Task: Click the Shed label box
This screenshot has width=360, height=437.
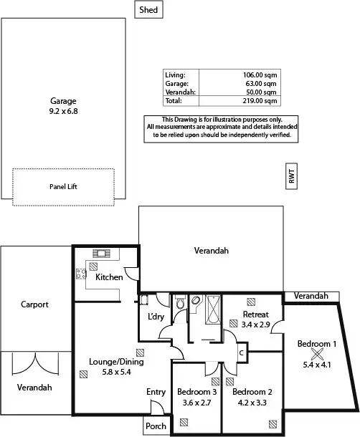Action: (x=149, y=10)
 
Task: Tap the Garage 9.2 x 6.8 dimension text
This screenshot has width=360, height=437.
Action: (x=63, y=112)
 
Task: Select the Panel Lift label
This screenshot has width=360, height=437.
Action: (x=63, y=186)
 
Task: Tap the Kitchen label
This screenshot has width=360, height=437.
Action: (x=109, y=277)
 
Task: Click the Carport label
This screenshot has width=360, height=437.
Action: (x=34, y=304)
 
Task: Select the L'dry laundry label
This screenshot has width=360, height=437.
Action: (x=156, y=317)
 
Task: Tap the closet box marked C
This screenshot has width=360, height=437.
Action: (x=241, y=352)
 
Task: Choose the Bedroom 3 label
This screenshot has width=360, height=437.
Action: (x=196, y=392)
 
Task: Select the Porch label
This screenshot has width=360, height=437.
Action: (x=156, y=426)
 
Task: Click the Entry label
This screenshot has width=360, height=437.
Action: (x=156, y=392)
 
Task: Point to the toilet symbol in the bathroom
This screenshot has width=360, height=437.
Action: (x=179, y=304)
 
